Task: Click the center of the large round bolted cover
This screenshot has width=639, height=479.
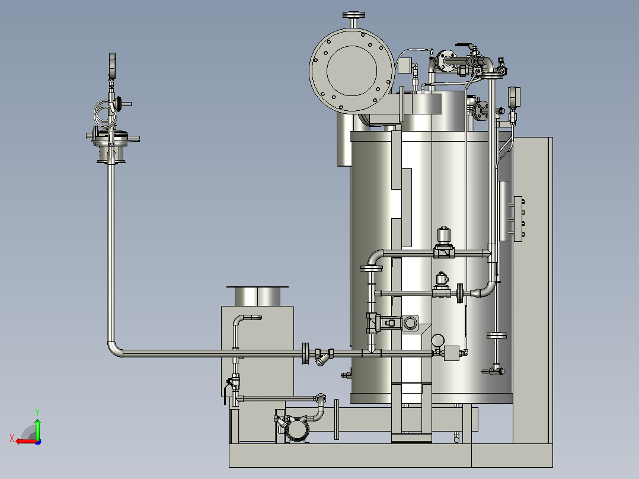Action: click(x=352, y=70)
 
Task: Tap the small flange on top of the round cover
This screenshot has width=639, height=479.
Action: click(x=353, y=15)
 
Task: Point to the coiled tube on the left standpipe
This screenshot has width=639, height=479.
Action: click(x=105, y=113)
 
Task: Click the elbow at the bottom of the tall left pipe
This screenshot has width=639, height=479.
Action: click(x=114, y=350)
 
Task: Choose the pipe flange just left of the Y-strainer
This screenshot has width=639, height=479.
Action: click(x=305, y=353)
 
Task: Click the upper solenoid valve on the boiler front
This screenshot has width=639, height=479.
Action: click(x=444, y=242)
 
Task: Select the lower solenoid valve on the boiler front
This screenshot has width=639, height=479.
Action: click(x=442, y=285)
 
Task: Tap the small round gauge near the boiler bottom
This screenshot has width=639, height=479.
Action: click(x=437, y=340)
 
